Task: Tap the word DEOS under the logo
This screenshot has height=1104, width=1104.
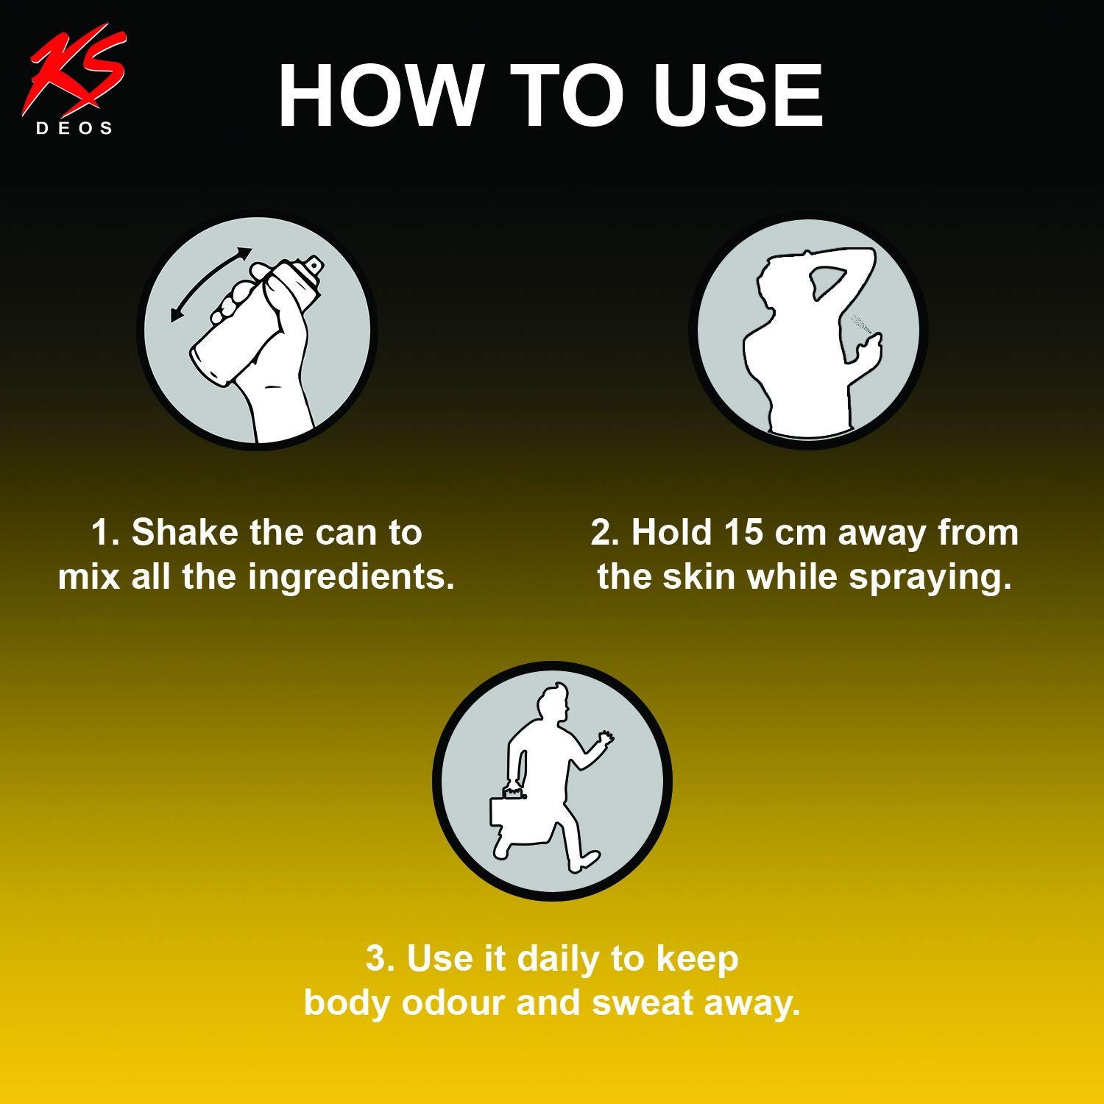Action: pos(74,129)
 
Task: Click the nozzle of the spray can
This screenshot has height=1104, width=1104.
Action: pos(314,263)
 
